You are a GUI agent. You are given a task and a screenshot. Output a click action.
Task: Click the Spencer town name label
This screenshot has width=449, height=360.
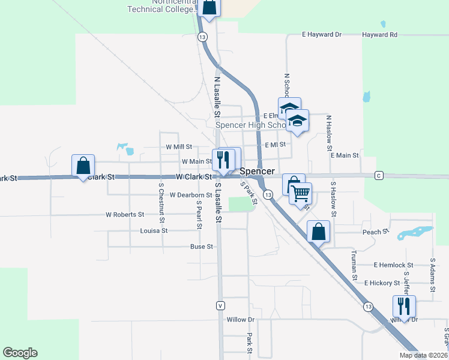258,172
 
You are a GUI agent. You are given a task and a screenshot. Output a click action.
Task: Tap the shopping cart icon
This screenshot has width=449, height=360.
300,193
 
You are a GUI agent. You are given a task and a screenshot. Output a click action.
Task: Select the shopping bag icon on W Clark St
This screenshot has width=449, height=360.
83,165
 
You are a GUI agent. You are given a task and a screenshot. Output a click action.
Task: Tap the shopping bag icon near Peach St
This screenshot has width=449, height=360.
318,231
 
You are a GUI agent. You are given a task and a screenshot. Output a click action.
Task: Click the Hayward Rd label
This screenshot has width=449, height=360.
379,35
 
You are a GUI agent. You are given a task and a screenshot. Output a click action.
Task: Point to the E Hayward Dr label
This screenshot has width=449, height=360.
322,35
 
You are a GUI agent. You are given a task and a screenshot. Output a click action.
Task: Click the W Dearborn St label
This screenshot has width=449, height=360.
191,195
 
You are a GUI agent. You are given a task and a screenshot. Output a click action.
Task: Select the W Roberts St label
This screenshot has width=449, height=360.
125,214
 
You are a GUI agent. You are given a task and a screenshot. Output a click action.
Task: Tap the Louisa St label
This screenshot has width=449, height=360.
153,230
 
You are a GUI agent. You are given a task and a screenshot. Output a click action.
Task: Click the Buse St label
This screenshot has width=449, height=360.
202,247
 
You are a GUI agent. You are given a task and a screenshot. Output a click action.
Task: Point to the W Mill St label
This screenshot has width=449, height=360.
179,146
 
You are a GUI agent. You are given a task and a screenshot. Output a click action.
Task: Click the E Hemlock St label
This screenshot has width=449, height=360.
393,265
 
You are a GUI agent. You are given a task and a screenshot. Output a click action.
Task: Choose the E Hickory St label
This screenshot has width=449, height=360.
382,283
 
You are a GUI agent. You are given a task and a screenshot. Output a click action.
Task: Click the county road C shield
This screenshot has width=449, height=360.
379,175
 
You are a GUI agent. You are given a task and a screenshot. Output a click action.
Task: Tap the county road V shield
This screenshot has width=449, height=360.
221,305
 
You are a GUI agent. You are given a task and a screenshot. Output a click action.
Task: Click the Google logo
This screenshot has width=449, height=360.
20,353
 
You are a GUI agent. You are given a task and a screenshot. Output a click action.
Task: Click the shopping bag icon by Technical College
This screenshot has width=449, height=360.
209,7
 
